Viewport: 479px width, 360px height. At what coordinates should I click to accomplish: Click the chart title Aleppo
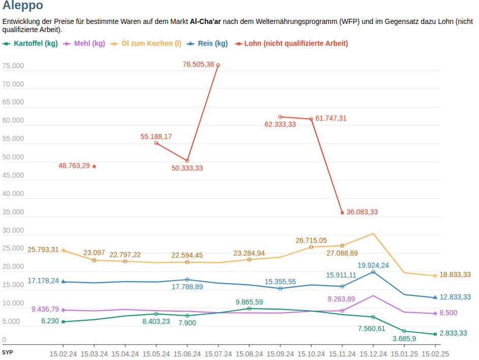[22, 6]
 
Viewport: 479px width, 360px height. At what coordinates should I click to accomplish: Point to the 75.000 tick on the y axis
[13, 66]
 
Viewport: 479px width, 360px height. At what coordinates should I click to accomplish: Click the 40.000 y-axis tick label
[13, 194]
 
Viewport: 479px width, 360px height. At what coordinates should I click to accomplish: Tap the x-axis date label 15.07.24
[218, 354]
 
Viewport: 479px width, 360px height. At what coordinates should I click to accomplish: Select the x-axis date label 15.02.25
[435, 354]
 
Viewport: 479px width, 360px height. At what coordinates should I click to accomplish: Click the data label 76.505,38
[198, 65]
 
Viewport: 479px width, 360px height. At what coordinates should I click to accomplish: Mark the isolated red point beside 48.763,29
[94, 166]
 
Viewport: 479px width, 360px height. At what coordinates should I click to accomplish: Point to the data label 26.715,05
[311, 240]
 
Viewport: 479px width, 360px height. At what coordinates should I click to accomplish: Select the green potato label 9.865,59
[249, 302]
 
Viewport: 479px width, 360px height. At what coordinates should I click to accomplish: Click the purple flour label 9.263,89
[341, 299]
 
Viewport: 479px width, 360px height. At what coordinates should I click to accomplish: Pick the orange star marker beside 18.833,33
[435, 276]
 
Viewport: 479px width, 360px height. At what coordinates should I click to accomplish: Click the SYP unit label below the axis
[7, 352]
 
